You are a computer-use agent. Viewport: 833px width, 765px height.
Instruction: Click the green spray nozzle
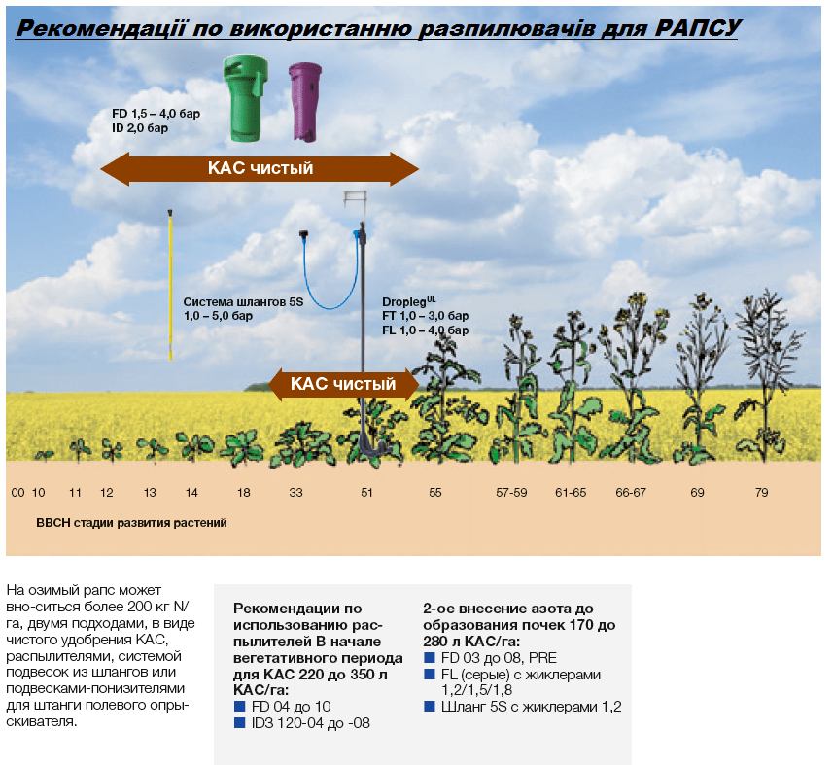[x=245, y=98]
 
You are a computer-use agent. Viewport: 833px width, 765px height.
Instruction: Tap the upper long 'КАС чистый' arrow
[x=260, y=168]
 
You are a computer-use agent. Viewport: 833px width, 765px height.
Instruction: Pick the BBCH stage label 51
[x=366, y=493]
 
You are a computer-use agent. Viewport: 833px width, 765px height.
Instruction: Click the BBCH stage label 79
[x=761, y=493]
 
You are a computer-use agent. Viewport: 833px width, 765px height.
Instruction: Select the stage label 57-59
[x=511, y=493]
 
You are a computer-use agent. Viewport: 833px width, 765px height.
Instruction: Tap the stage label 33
[x=295, y=493]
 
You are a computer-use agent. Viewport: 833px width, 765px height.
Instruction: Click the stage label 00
[x=17, y=493]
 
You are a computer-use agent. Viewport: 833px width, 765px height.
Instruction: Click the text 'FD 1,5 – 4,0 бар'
[x=156, y=114]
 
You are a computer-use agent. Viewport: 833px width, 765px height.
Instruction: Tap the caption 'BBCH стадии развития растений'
[x=131, y=523]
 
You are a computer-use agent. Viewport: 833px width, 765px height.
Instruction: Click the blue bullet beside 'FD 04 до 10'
[x=239, y=706]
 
